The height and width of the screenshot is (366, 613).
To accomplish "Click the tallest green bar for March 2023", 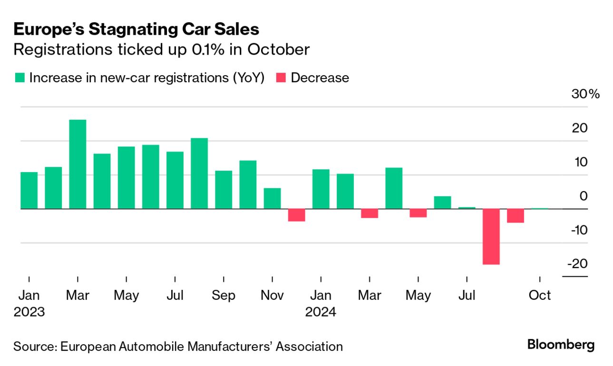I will coord(78,164).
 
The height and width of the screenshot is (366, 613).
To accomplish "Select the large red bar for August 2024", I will coord(491,236).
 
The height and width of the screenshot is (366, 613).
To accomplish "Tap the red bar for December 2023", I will coord(297,215).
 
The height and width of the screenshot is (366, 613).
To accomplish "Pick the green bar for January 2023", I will coord(29,190).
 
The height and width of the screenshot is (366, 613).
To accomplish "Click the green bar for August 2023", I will coord(199,173).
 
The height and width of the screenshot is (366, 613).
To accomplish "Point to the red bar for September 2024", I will coord(516,216).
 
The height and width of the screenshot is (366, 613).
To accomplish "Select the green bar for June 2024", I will coord(442,202).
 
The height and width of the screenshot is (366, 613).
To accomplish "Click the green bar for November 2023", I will coord(272,198).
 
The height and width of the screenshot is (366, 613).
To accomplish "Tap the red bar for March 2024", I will coord(370,213).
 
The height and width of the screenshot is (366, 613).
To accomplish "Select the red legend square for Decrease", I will coord(281,78).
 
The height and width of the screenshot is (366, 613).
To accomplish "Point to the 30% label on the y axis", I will coord(585,94).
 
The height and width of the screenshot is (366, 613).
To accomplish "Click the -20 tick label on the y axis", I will coord(577,263).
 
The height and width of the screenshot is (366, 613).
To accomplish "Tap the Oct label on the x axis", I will coord(540,295).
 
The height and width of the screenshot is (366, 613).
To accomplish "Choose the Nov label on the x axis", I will coord(272,295).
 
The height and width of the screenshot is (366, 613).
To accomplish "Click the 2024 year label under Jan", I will coord(321,312).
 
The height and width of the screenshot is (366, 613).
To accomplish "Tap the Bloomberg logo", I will coord(561,345).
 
